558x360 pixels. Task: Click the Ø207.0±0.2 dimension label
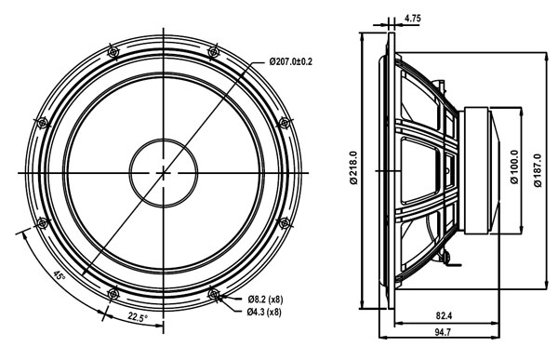tap(290, 61)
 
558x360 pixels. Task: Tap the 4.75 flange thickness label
tap(412, 19)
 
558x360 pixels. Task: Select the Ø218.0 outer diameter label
tap(353, 167)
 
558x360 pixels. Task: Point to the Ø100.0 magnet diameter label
tap(514, 167)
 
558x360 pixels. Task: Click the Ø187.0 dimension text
tap(538, 170)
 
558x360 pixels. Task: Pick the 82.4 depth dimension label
tap(444, 315)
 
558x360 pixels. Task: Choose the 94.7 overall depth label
tap(443, 332)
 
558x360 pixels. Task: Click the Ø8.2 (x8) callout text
tap(265, 300)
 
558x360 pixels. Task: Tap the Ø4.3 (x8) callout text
tap(264, 312)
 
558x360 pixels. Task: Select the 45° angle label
tap(59, 275)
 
